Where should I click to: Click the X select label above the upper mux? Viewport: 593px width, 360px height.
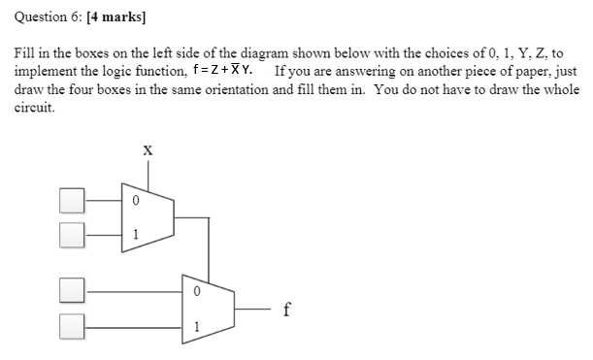[148, 150]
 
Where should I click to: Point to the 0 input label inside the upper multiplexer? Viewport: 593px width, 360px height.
[137, 201]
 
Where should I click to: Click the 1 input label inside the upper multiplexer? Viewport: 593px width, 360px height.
[137, 233]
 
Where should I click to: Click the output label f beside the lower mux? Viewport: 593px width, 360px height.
[285, 311]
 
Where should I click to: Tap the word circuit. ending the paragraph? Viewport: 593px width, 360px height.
[33, 108]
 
